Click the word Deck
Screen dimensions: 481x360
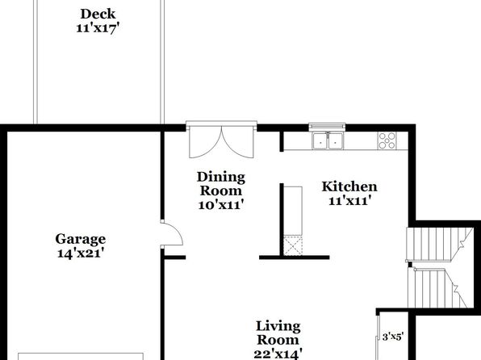pos(98,14)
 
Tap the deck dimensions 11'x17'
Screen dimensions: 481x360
pos(98,28)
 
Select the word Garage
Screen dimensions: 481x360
pos(81,240)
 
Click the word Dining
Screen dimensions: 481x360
pos(221,178)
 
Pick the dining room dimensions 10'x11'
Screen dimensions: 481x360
pos(221,205)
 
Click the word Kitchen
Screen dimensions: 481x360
pos(349,186)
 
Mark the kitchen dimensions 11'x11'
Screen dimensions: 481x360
pos(350,201)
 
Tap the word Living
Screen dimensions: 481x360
pos(278,327)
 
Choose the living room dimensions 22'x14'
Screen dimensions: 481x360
pos(278,354)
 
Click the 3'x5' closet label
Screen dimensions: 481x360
pos(392,337)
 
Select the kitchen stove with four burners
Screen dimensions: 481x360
pos(387,140)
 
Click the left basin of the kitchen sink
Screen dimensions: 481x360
pos(320,141)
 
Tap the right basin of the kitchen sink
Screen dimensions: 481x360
pos(336,141)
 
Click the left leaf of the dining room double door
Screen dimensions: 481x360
pos(205,142)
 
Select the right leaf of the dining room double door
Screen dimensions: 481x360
pos(238,142)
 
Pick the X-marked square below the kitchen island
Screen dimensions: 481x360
pos(293,245)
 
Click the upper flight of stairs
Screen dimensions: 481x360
pos(439,245)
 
